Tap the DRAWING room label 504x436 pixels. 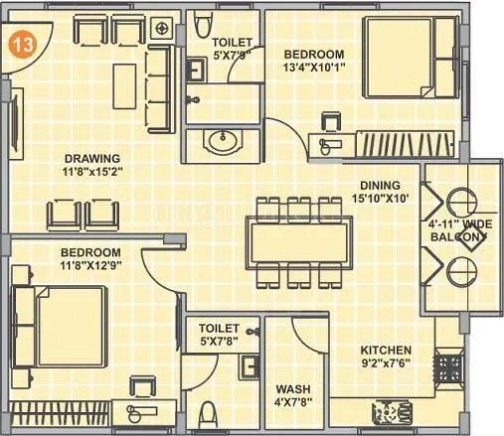pos(92,158)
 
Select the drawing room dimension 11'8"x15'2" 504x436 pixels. pos(92,171)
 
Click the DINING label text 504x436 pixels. pos(381,185)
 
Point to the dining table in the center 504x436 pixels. pos(298,242)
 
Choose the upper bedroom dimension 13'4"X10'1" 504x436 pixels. pos(313,68)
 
